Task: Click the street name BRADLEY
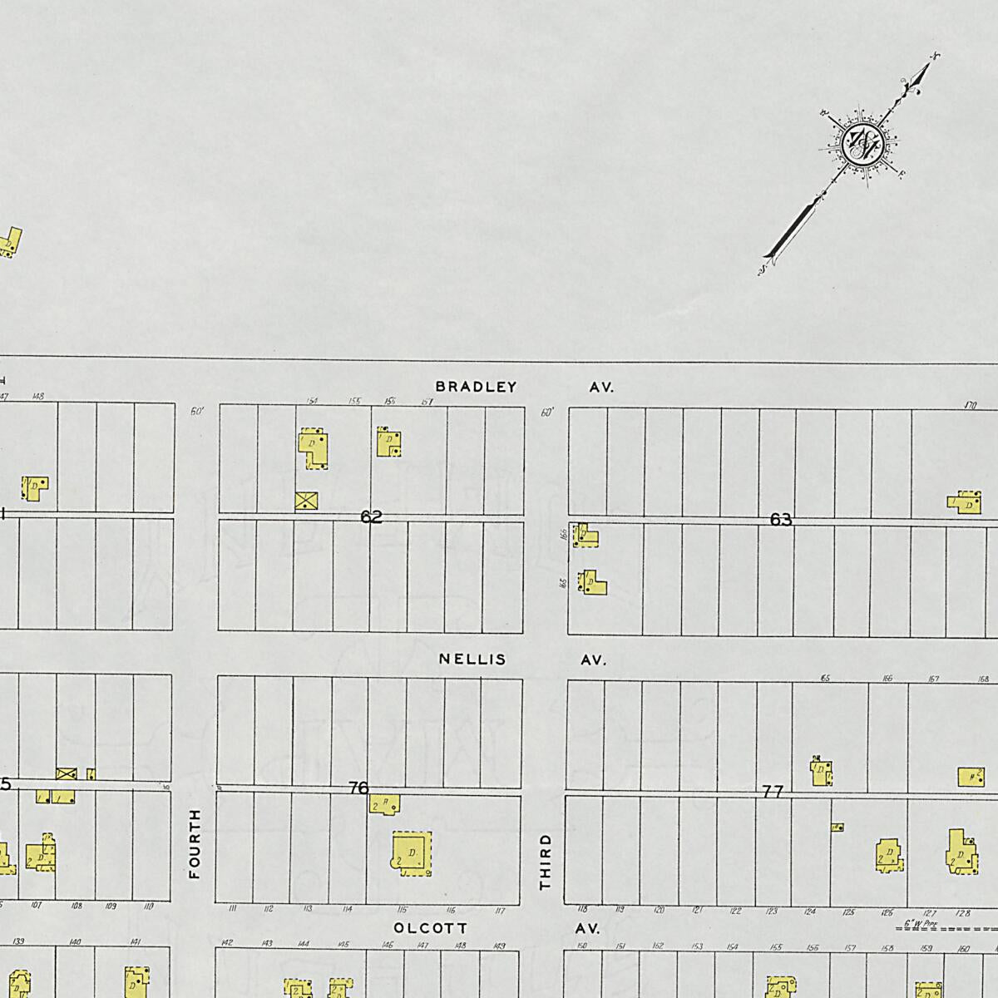pyautogui.click(x=476, y=387)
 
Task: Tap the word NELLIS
pyautogui.click(x=472, y=660)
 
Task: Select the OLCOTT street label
pyautogui.click(x=431, y=927)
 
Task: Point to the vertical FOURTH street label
pyautogui.click(x=195, y=843)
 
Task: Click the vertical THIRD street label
pyautogui.click(x=546, y=862)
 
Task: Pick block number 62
pyautogui.click(x=371, y=517)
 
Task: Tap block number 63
pyautogui.click(x=780, y=520)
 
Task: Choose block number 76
pyautogui.click(x=358, y=787)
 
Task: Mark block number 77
pyautogui.click(x=773, y=792)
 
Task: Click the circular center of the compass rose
pyautogui.click(x=860, y=144)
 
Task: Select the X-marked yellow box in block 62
pyautogui.click(x=307, y=500)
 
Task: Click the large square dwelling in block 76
pyautogui.click(x=412, y=853)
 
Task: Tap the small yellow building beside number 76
pyautogui.click(x=386, y=804)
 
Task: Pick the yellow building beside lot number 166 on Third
pyautogui.click(x=586, y=535)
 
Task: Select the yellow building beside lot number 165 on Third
pyautogui.click(x=593, y=582)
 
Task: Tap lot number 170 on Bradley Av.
pyautogui.click(x=969, y=405)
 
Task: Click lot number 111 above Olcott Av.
pyautogui.click(x=232, y=909)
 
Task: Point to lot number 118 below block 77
pyautogui.click(x=582, y=909)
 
